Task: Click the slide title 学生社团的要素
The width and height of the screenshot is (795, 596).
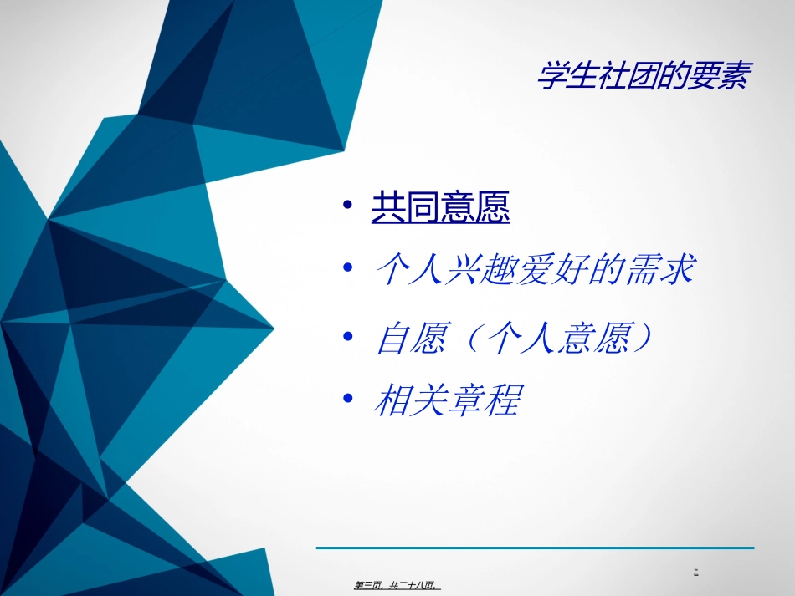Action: click(644, 77)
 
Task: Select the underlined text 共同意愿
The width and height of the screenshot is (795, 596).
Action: click(440, 208)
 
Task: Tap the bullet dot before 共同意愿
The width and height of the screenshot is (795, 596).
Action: click(347, 206)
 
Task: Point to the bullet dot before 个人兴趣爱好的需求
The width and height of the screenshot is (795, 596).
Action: click(347, 268)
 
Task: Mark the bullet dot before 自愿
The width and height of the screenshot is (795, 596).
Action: click(347, 336)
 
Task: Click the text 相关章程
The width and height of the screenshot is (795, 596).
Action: click(447, 402)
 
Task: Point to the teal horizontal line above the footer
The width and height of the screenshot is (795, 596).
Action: click(535, 548)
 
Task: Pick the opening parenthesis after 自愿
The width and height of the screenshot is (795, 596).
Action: click(467, 339)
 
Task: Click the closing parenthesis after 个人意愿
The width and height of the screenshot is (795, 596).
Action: click(640, 339)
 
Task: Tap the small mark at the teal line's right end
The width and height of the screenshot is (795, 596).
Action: click(697, 573)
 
